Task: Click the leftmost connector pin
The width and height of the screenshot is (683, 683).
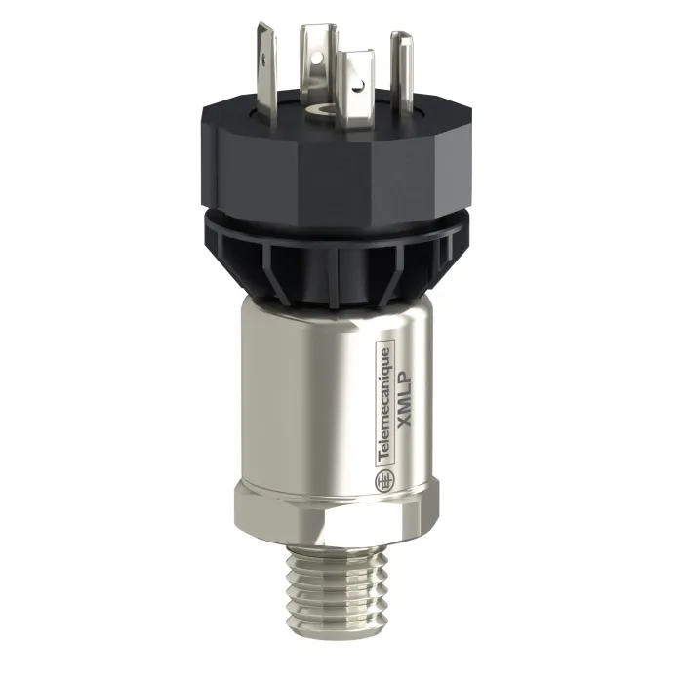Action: point(266,74)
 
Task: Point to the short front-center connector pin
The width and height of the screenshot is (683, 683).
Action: point(357,87)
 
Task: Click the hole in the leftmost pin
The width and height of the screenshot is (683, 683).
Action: point(263,56)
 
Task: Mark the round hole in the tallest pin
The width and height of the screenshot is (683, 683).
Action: point(320,57)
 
